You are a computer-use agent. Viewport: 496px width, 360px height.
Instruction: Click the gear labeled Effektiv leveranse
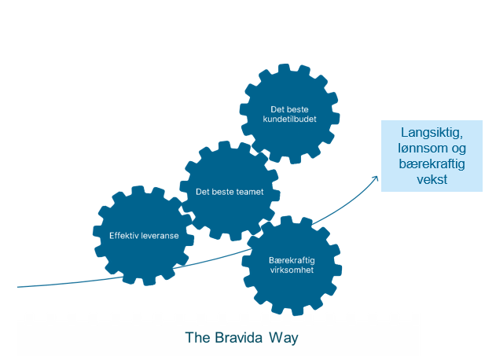143,236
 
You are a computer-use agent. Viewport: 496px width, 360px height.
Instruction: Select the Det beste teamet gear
230,191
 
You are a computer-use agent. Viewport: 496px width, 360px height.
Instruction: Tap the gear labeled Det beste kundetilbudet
289,114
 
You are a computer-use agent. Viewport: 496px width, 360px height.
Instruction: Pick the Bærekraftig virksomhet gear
292,266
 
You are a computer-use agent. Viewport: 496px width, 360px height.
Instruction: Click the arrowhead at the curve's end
376,178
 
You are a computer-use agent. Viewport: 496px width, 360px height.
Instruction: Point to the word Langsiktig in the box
432,133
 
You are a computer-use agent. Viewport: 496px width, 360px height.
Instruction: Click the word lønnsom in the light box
421,148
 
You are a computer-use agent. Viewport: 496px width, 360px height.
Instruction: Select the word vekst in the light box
432,179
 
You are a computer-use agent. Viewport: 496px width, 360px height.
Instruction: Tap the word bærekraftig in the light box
432,163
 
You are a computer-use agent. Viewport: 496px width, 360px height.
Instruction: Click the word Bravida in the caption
239,337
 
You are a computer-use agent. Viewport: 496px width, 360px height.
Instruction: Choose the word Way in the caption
284,338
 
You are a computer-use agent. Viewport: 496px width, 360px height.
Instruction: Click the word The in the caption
198,337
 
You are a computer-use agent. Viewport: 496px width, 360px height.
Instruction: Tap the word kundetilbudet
289,119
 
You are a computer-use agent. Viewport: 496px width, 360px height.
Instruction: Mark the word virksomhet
292,270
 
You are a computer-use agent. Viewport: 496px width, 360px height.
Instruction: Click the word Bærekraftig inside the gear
292,260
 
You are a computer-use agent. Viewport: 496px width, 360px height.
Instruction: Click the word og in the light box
457,149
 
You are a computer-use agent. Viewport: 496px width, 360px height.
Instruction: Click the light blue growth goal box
432,156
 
